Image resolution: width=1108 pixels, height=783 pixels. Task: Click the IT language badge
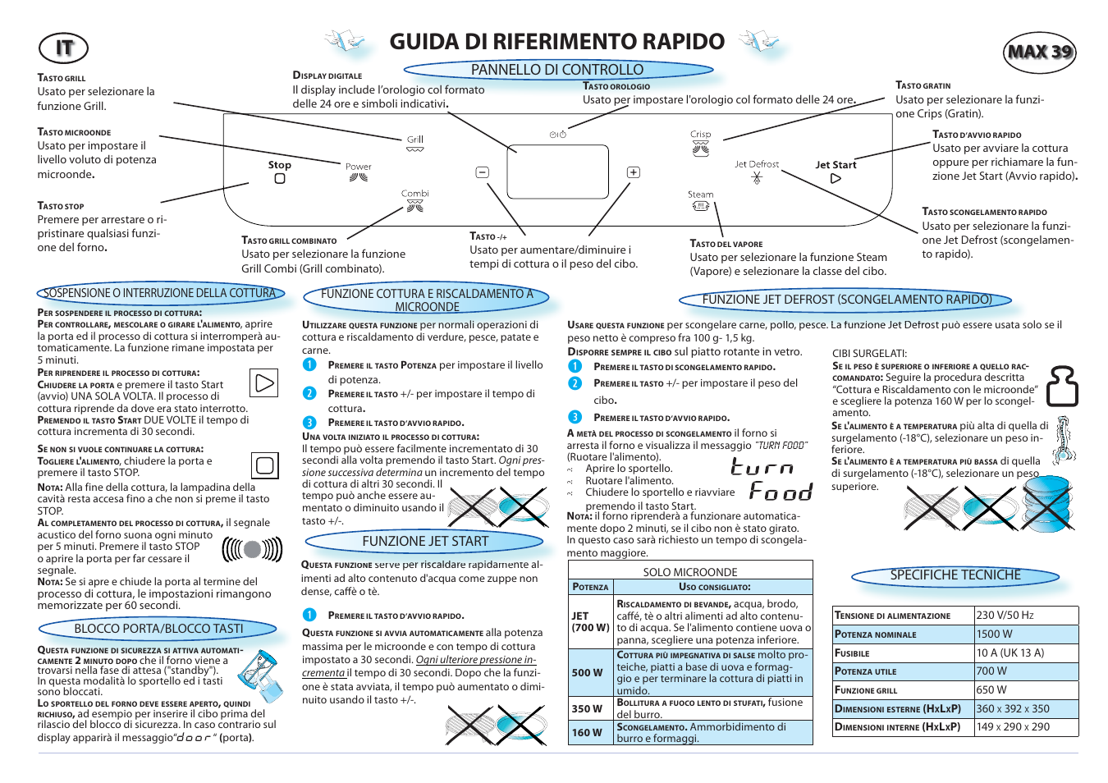tap(63, 48)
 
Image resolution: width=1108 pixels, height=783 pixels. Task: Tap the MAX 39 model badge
tap(1040, 52)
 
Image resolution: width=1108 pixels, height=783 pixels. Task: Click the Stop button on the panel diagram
tap(280, 171)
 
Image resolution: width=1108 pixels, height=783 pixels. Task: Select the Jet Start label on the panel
tap(836, 165)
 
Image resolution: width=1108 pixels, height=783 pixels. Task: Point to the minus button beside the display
tap(483, 172)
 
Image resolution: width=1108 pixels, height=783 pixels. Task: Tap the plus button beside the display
tap(634, 172)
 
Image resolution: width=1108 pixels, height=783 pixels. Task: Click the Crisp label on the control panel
tap(700, 135)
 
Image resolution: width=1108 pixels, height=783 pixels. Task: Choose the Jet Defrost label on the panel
tap(757, 164)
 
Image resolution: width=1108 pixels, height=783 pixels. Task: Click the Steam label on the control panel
tap(700, 195)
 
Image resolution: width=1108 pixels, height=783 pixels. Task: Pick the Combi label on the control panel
tap(415, 194)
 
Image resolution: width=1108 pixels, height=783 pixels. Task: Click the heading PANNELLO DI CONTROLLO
tap(557, 70)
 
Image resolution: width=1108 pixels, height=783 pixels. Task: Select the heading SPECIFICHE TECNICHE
tap(955, 575)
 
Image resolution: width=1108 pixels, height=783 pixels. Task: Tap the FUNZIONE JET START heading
tap(425, 542)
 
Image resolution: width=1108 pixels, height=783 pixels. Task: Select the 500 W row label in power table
tap(587, 672)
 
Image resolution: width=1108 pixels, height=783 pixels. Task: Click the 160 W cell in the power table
tap(587, 732)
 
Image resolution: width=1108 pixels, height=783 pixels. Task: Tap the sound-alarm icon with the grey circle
tap(253, 549)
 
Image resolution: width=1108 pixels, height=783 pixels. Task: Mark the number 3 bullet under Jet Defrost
tap(575, 417)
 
